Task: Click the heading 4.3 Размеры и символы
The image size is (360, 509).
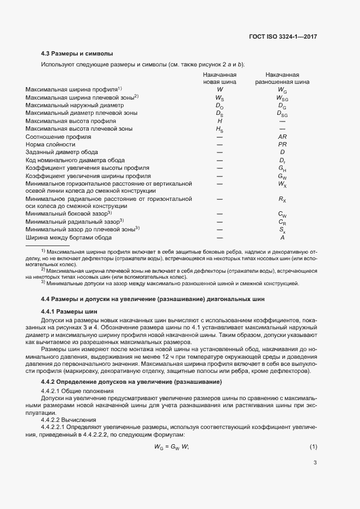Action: click(77, 54)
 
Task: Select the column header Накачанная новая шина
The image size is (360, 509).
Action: click(219, 78)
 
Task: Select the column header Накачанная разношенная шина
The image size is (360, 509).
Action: click(282, 78)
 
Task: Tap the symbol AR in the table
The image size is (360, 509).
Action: click(282, 137)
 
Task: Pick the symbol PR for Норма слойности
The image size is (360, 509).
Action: click(282, 145)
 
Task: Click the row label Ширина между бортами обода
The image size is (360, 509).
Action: click(69, 237)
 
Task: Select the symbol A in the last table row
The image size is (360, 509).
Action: click(282, 237)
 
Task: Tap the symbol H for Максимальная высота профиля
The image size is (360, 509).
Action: click(219, 121)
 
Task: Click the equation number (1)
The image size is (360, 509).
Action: click(313, 447)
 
